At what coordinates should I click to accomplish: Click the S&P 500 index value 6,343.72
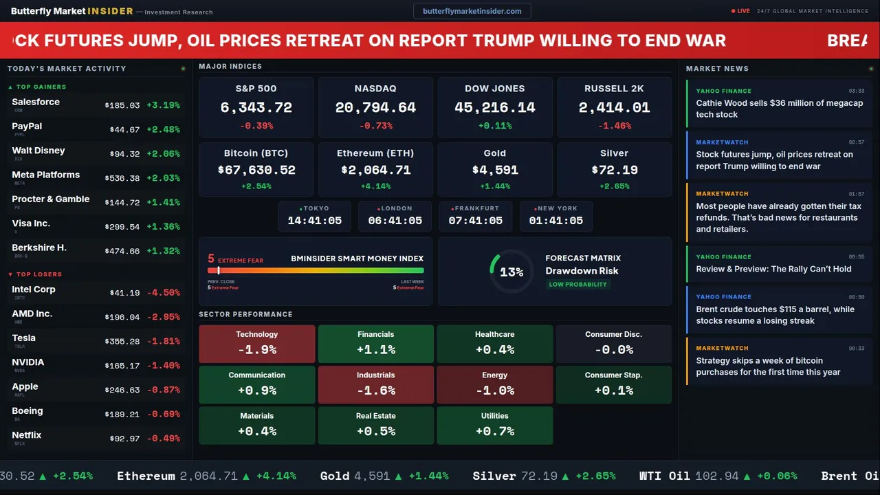coord(256,108)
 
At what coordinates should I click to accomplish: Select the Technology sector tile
coord(256,344)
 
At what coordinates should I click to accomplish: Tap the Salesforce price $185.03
coord(122,106)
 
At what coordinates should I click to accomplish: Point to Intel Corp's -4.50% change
coord(166,293)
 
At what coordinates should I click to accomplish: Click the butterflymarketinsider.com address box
coord(472,11)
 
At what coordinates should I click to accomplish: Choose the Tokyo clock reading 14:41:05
coord(314,221)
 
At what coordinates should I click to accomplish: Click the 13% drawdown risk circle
coord(511,272)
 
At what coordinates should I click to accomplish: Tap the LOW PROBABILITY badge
coord(577,285)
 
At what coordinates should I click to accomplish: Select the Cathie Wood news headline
coord(779,109)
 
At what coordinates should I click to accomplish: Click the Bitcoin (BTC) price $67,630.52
coord(256,170)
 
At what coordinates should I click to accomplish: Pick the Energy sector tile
coord(494,384)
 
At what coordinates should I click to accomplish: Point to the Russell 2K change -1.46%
coord(614,126)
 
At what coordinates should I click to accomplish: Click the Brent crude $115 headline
coord(775,315)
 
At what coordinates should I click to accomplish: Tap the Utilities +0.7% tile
coord(494,426)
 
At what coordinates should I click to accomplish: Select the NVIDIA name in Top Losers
coord(28,362)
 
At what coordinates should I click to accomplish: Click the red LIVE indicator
coord(741,11)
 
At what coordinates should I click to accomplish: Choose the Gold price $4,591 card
coord(494,170)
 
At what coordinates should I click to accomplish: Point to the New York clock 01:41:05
coord(555,221)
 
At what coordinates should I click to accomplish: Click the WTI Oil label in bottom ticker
coord(664,476)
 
